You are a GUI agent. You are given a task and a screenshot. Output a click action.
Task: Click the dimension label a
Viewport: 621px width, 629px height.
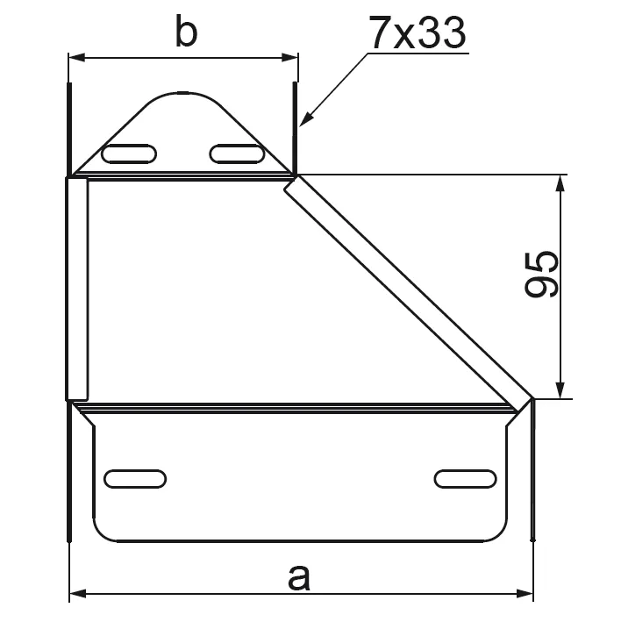point(299,577)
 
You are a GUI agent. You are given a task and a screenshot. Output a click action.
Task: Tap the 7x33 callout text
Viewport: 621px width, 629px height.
point(418,32)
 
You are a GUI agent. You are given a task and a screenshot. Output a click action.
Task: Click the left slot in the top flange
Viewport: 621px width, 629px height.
point(129,154)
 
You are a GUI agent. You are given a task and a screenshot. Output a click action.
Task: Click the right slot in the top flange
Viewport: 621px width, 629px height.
point(237,154)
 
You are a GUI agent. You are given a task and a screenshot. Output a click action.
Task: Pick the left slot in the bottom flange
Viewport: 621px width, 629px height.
point(135,479)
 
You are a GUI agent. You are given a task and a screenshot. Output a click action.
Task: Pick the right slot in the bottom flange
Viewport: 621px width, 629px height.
point(466,479)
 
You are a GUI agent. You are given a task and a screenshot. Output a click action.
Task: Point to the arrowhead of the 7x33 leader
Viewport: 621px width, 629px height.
point(305,119)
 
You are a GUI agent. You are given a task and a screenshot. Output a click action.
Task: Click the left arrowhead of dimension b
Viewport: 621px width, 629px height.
point(77,58)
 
